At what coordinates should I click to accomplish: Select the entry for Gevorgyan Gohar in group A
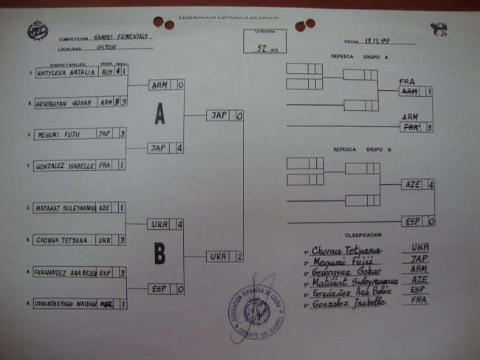64,103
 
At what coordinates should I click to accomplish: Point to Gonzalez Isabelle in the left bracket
65,166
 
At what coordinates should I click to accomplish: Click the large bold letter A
160,114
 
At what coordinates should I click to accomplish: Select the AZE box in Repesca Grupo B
414,184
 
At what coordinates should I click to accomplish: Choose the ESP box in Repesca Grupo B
414,221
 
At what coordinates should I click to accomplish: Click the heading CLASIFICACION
363,234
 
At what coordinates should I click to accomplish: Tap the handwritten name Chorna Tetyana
346,251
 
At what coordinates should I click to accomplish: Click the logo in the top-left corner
35,31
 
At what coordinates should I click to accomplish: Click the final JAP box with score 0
219,115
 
